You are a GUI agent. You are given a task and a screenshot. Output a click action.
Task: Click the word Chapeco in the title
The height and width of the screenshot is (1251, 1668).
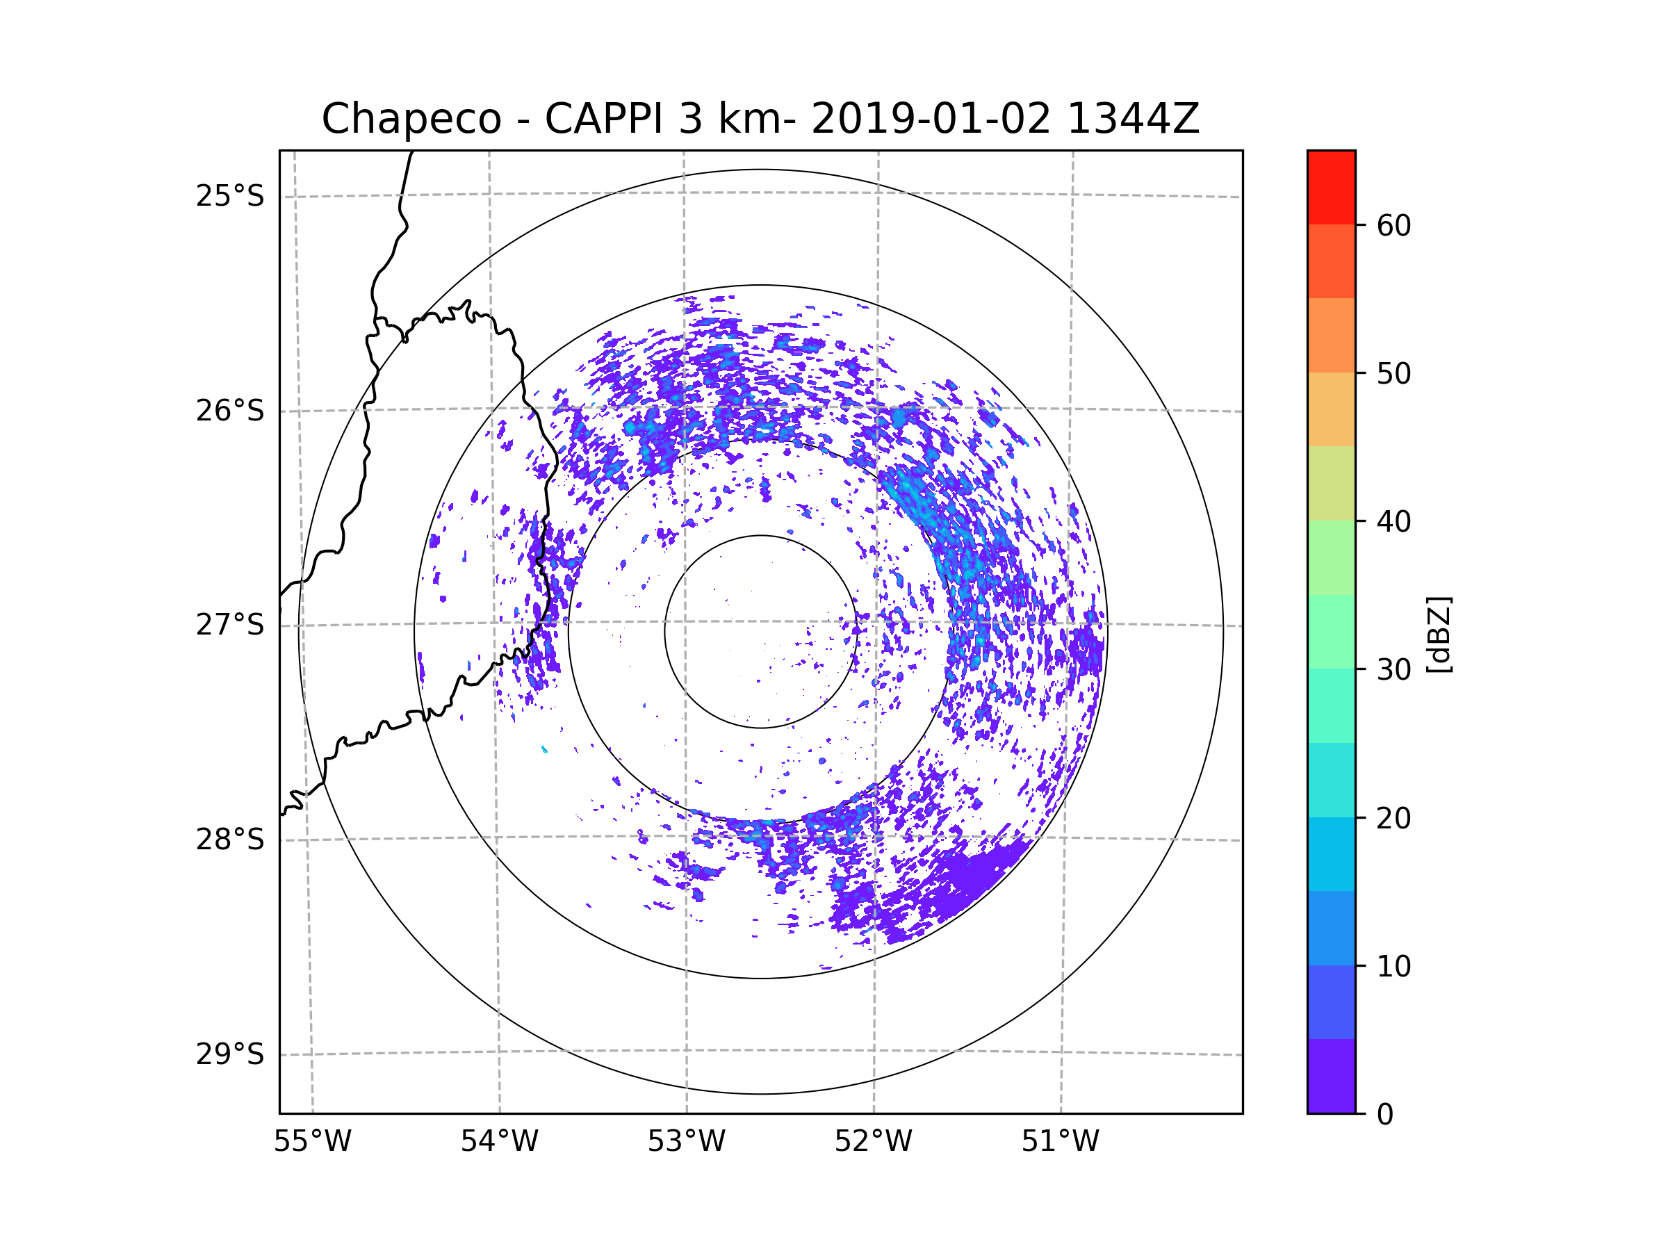[x=411, y=119]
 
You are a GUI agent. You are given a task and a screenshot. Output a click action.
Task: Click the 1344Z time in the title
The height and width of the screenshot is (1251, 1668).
[x=1134, y=119]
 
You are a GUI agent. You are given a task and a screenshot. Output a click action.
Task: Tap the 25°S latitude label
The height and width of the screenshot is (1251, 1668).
[x=230, y=196]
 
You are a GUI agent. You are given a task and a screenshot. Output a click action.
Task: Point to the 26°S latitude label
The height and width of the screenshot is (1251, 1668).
[x=230, y=411]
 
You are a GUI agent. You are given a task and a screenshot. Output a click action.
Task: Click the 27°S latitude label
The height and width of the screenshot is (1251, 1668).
[x=230, y=625]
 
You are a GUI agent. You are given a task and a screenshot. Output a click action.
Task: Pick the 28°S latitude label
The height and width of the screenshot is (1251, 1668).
[x=230, y=840]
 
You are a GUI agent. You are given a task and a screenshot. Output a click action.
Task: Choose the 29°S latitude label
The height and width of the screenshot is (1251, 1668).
[x=230, y=1054]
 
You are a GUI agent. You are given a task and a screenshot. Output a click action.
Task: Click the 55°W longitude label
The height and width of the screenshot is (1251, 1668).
[x=312, y=1142]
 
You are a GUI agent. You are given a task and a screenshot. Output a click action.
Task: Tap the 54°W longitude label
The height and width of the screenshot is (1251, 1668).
[x=499, y=1142]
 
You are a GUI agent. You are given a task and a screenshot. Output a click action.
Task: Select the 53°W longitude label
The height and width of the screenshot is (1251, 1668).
[x=686, y=1142]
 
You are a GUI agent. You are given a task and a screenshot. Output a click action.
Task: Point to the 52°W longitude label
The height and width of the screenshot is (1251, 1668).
[x=873, y=1142]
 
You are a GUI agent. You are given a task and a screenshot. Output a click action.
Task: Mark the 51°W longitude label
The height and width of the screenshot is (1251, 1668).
[x=1060, y=1142]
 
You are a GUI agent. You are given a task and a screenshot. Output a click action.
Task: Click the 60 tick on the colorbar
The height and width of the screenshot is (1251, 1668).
[x=1393, y=225]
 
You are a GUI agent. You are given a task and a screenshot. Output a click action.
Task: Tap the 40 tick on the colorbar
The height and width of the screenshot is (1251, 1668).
[x=1393, y=522]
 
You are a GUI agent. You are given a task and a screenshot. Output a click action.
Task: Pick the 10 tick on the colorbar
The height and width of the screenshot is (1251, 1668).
[x=1393, y=967]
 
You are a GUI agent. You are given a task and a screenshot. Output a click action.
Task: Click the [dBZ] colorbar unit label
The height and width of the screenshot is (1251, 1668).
[x=1439, y=634]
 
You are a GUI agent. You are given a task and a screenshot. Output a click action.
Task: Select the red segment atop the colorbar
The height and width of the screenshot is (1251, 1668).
[x=1331, y=188]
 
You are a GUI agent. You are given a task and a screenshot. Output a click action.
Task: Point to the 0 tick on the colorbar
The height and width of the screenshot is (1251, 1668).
[x=1385, y=1115]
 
